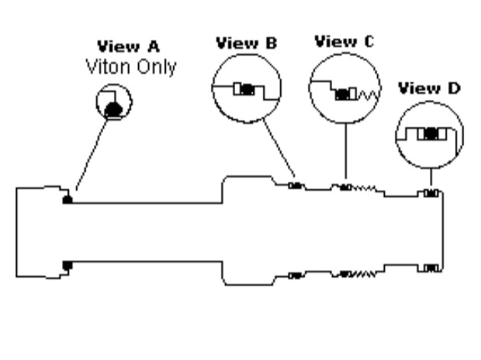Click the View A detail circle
(115, 104)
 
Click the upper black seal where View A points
(67, 199)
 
